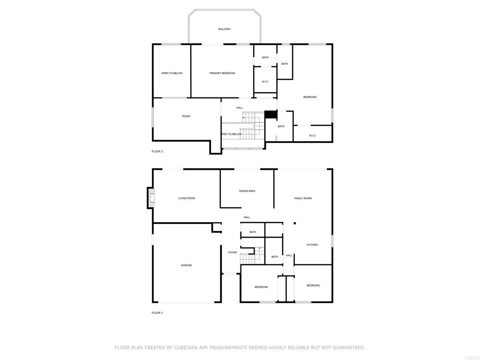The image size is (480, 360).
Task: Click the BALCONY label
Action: pos(224,29)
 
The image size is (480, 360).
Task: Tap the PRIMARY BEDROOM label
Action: pos(222,73)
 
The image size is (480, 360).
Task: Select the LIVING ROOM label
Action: pos(187,198)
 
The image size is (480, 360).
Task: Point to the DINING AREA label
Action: pos(247,191)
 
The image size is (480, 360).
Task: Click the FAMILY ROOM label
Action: pos(303,198)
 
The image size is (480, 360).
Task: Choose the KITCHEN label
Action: pos(312,245)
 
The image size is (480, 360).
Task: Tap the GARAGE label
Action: pos(187,265)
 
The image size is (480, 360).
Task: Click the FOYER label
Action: pos(232,253)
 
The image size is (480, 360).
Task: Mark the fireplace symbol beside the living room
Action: pos(150,198)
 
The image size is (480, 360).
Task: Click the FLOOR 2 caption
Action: pos(157,151)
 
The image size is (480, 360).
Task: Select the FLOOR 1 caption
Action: pos(157,313)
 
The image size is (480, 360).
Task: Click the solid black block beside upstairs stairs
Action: pos(271,114)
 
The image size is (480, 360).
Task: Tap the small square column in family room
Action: pos(294,223)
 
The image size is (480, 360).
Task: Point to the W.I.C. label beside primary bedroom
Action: pos(265,82)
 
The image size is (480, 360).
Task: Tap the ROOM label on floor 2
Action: pos(186,116)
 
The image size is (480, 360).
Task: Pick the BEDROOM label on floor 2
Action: pos(310,97)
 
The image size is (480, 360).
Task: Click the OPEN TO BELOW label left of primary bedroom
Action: pos(172,73)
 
